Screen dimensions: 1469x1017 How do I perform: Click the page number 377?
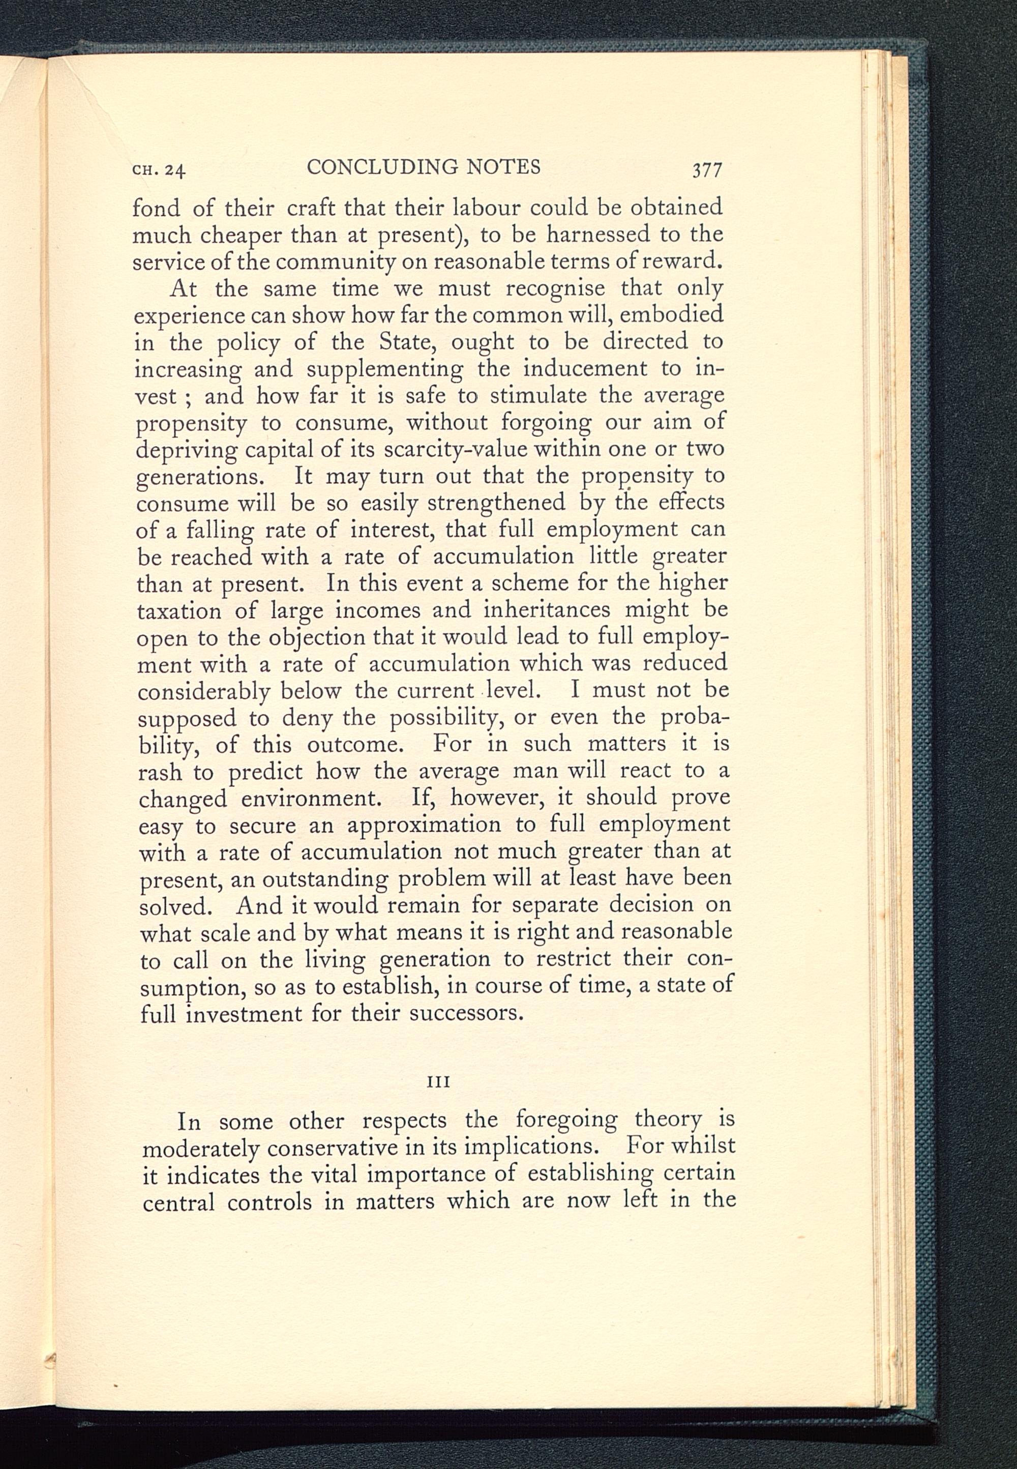coord(706,170)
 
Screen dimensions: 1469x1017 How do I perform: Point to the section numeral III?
coord(438,1082)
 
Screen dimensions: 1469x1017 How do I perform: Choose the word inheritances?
coord(547,610)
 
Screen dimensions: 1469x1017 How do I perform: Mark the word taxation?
coord(179,611)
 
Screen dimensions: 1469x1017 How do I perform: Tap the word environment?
coord(310,799)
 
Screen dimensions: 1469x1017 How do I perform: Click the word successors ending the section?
coord(466,1013)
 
